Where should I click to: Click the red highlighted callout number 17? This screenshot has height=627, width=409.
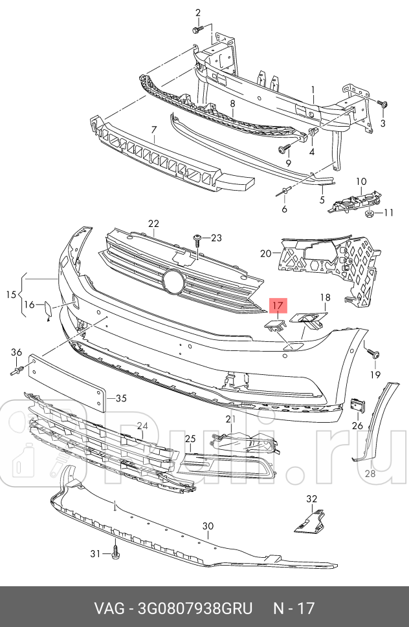pos(277,305)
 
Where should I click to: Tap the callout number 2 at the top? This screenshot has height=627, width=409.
pos(198,12)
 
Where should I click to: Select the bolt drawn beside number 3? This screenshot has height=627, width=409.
pos(381,103)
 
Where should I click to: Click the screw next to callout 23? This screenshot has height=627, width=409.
pos(196,240)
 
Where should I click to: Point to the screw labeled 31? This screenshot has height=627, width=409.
pos(116,553)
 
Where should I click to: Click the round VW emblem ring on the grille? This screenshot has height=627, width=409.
pos(173,280)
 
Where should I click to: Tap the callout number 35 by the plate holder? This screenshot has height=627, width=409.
pos(121,398)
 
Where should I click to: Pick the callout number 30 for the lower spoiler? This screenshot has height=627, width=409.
pos(207,527)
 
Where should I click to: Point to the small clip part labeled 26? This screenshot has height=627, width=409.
pos(357,405)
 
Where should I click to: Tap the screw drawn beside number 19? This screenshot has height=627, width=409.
pos(373,353)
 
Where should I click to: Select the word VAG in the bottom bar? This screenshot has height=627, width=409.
pos(109,608)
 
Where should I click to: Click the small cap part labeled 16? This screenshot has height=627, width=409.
pos(48,310)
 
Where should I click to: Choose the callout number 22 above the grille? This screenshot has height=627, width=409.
pos(153,224)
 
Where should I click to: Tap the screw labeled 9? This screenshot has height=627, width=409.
pos(283,149)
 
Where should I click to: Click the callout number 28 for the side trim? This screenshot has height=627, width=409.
pos(370,473)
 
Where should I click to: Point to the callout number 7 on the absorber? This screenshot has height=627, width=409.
pos(154,130)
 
